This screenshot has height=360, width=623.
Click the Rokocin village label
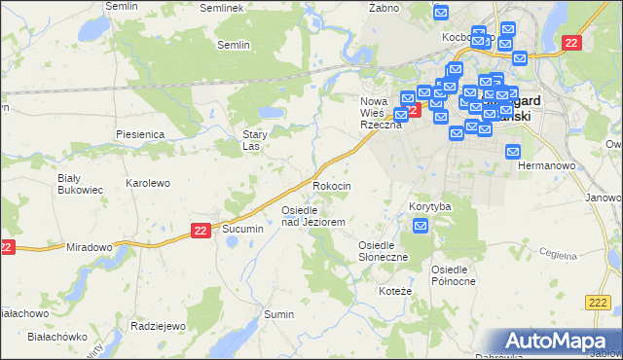(331, 185)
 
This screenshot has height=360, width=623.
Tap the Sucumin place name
(243, 228)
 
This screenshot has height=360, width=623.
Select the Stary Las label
(255, 141)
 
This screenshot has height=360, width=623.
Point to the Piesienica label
(139, 133)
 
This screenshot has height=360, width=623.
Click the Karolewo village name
(148, 183)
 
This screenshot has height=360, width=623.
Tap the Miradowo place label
(90, 247)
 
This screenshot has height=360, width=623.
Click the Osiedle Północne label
(454, 274)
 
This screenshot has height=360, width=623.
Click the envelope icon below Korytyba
(421, 227)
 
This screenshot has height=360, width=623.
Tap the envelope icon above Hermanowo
(513, 151)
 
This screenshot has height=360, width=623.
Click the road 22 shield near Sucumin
(200, 230)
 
